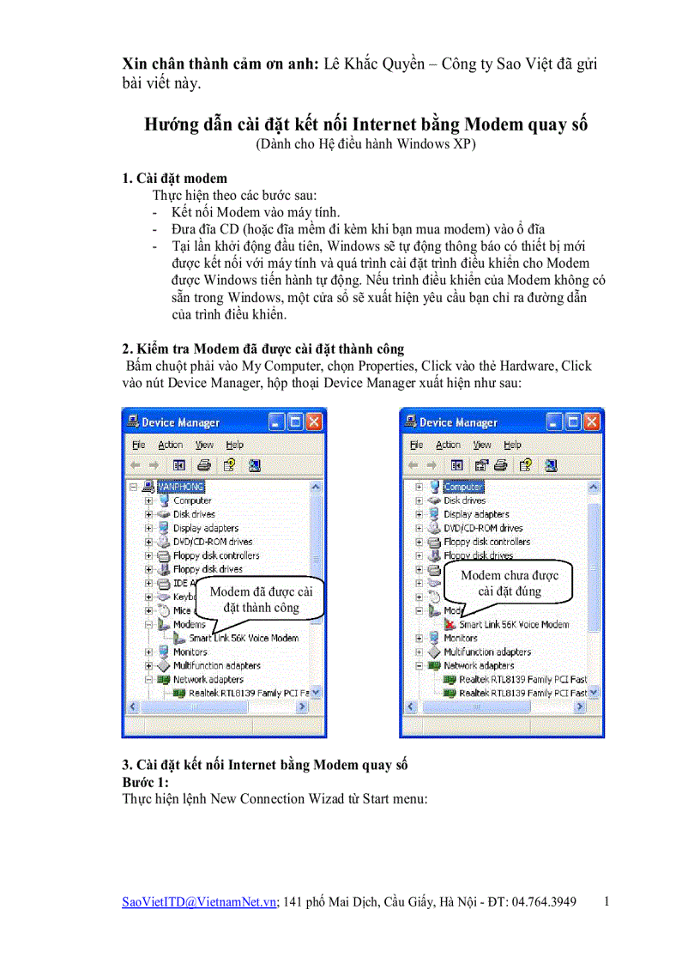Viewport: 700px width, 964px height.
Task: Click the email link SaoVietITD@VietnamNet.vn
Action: (x=199, y=902)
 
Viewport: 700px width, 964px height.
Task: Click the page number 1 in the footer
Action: (x=607, y=902)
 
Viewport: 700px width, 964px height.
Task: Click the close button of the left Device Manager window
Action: (x=313, y=421)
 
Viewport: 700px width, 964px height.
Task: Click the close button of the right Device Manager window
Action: (x=591, y=421)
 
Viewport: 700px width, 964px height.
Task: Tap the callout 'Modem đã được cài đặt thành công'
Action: (x=261, y=599)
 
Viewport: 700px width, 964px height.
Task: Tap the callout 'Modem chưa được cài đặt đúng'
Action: (x=510, y=583)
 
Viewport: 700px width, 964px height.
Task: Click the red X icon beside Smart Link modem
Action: (x=450, y=625)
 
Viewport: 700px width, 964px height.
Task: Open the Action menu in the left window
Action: (x=170, y=445)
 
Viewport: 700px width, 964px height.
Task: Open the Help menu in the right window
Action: (x=512, y=445)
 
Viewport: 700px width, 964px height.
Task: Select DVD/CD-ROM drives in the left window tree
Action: (x=212, y=542)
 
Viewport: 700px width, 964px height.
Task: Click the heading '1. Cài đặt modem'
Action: (x=174, y=178)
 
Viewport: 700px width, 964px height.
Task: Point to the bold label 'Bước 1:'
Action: (x=145, y=782)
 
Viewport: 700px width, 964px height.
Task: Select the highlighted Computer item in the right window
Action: (x=463, y=487)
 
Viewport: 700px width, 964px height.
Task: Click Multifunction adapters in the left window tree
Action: (x=216, y=665)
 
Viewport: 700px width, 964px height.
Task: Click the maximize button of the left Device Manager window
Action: (x=294, y=421)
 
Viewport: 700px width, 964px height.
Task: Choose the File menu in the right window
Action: (x=416, y=445)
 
